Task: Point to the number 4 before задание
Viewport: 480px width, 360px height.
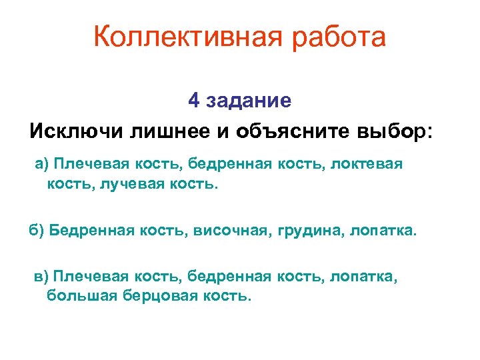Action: pyautogui.click(x=194, y=101)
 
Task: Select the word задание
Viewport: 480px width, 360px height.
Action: pyautogui.click(x=249, y=101)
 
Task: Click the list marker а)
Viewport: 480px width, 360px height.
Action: pyautogui.click(x=42, y=164)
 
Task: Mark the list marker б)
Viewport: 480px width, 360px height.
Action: pyautogui.click(x=37, y=231)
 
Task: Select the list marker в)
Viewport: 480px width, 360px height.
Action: pyautogui.click(x=42, y=277)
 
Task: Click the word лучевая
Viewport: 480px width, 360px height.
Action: pyautogui.click(x=129, y=183)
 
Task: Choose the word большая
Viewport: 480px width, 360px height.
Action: pyautogui.click(x=82, y=295)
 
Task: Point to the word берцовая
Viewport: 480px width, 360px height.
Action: pyautogui.click(x=159, y=295)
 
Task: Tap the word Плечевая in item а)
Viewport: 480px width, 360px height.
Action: pyautogui.click(x=86, y=164)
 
